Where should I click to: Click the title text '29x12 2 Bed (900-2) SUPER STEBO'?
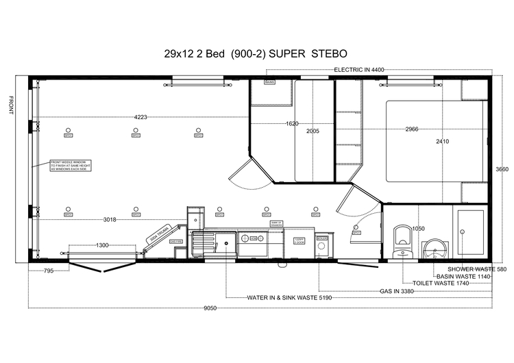pyautogui.click(x=256, y=53)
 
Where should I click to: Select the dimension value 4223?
pyautogui.click(x=140, y=117)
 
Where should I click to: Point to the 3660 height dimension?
pyautogui.click(x=502, y=170)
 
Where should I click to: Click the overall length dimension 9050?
pyautogui.click(x=210, y=308)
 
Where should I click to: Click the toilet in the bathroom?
pyautogui.click(x=402, y=240)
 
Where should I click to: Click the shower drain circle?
pyautogui.click(x=464, y=233)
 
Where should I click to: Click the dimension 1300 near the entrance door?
pyautogui.click(x=101, y=245)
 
